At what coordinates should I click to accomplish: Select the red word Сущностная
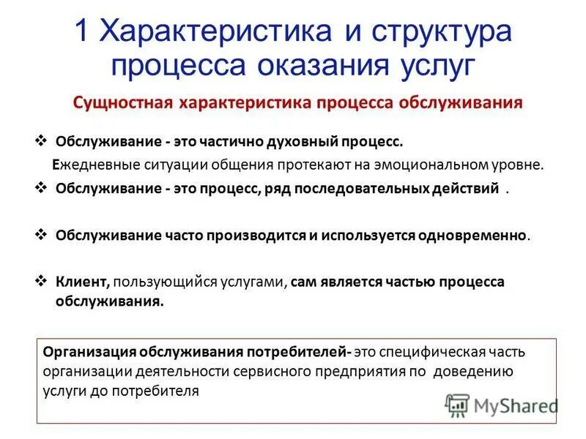(x=120, y=102)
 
